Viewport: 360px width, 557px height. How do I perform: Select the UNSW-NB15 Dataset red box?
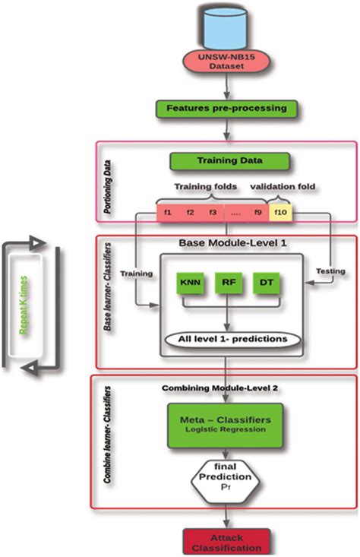pos(227,62)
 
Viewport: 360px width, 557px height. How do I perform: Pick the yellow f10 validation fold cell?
pos(281,212)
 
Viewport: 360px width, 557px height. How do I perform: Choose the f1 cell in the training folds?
pos(167,212)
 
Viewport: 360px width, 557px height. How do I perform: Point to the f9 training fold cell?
pos(258,212)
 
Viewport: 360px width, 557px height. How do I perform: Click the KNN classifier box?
pos(186,281)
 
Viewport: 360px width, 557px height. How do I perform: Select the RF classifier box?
pos(227,281)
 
